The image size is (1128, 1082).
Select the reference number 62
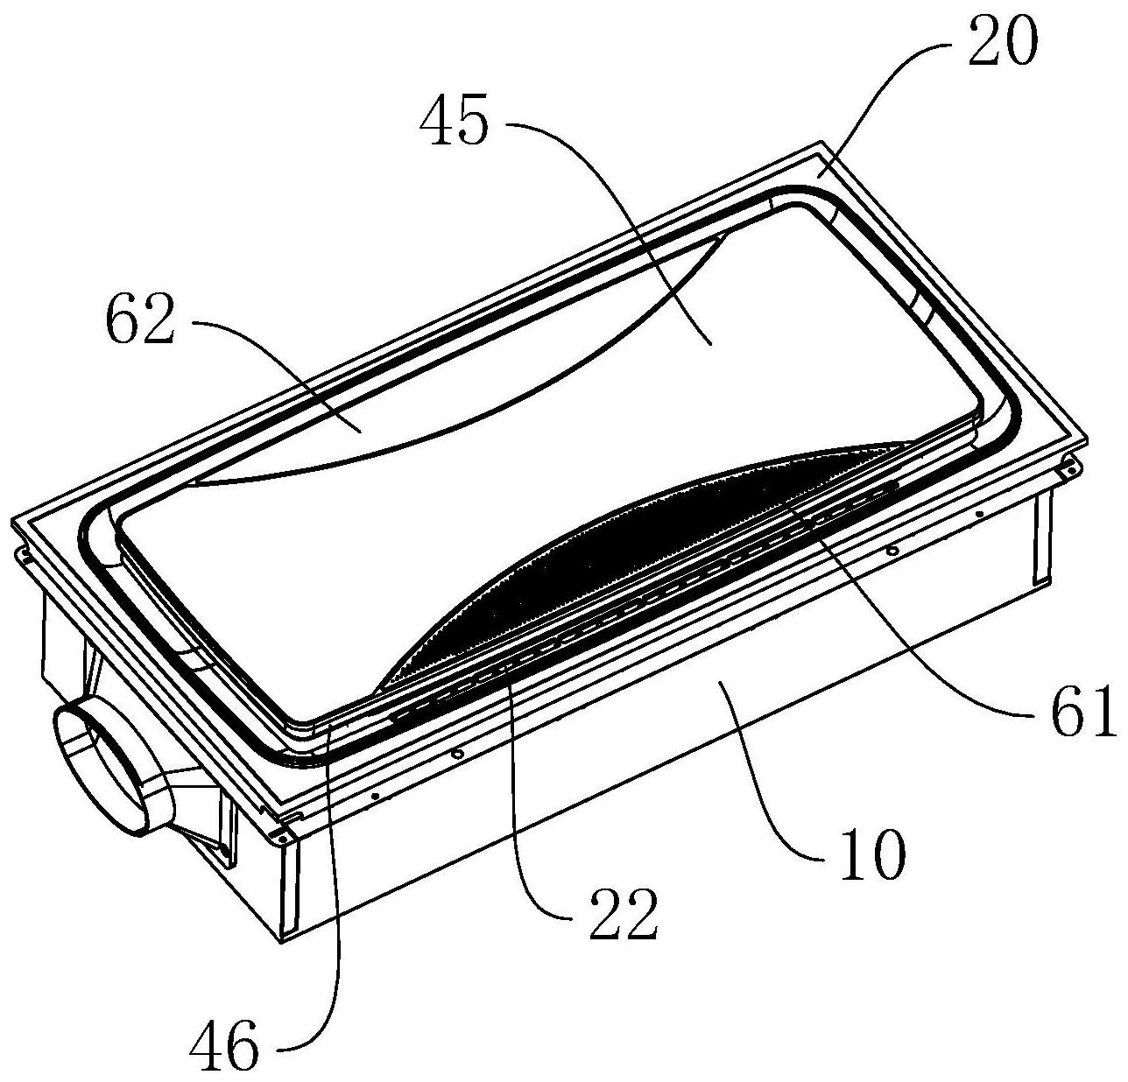141,327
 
